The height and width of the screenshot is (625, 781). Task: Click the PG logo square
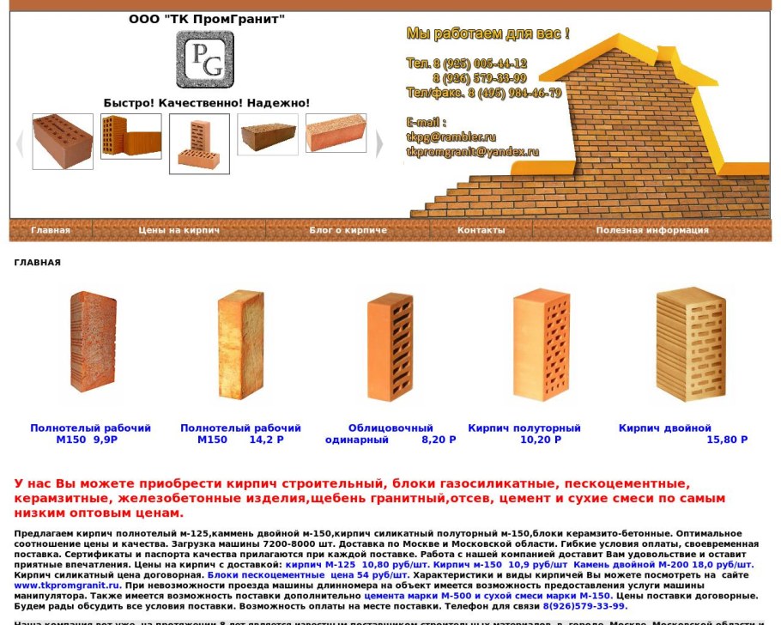(205, 60)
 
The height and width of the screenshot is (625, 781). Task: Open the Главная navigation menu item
(51, 230)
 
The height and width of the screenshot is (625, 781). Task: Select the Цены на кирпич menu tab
(179, 230)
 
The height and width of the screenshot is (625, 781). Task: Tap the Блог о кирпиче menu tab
(348, 230)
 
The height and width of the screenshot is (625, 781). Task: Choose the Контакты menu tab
(481, 230)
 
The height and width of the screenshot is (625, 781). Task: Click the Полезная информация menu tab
(652, 230)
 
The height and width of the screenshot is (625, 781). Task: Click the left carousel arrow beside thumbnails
(20, 143)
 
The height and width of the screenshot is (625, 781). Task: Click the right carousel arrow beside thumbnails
(379, 143)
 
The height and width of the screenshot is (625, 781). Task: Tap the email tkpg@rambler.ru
(451, 137)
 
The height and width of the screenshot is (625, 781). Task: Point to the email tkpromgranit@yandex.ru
(472, 151)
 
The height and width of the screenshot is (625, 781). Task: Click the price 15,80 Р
(726, 440)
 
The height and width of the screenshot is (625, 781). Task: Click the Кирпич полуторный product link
(524, 428)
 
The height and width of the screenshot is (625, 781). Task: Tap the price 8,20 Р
(439, 440)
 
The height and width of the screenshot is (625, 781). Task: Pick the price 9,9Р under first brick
(105, 440)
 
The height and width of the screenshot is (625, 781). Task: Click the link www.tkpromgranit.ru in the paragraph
(66, 586)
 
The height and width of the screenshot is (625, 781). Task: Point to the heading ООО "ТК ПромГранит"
(207, 19)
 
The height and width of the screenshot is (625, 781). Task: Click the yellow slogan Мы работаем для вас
(487, 34)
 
